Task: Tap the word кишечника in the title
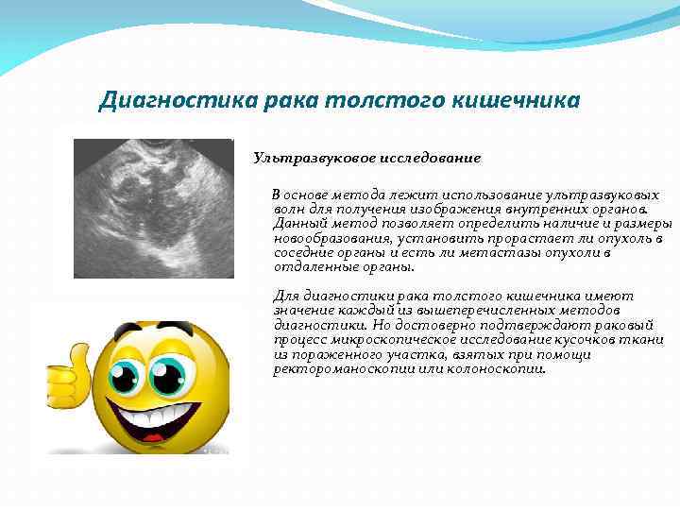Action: pyautogui.click(x=519, y=100)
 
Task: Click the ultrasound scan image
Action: pyautogui.click(x=153, y=207)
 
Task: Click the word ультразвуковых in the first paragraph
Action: pyautogui.click(x=610, y=195)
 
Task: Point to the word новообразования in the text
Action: pyautogui.click(x=321, y=240)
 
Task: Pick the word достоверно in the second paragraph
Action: pyautogui.click(x=399, y=324)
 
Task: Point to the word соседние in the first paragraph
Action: pyautogui.click(x=300, y=252)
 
